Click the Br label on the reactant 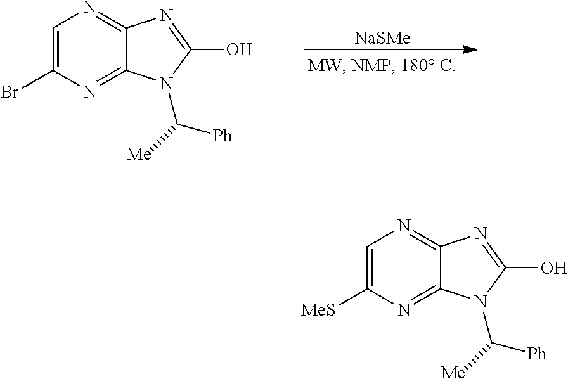click(10, 92)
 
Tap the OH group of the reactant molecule click(239, 49)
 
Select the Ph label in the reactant click(222, 136)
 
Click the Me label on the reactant click(139, 155)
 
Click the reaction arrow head click(471, 49)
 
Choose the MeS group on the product click(318, 311)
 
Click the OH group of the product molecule click(553, 268)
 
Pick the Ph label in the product click(536, 354)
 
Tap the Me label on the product click(453, 372)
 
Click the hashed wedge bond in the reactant click(164, 139)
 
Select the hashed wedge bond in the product click(478, 357)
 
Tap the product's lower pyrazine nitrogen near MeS click(404, 311)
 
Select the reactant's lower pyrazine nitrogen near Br click(90, 92)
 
